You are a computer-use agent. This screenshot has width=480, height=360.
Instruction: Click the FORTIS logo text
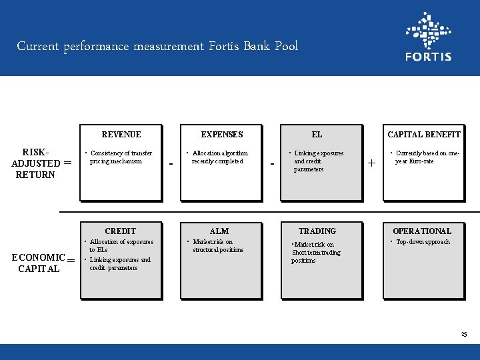pos(428,57)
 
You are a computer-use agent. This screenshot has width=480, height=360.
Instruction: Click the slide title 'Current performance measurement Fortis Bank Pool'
pos(157,47)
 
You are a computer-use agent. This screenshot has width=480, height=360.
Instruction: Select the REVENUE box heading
pos(121,134)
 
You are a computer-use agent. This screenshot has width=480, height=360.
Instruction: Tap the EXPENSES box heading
pos(222,134)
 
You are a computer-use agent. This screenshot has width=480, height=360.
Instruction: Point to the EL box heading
pos(317,134)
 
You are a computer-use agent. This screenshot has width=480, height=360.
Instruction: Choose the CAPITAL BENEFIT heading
pos(424,134)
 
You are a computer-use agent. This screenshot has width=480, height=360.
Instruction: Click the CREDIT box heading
pos(121,231)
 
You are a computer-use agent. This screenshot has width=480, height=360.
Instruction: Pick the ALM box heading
pos(219,231)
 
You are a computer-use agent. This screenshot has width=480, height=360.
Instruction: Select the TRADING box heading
pos(317,231)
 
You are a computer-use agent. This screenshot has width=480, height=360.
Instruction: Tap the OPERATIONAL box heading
pos(422,231)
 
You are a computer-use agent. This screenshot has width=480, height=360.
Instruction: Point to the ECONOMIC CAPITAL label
pos(39,263)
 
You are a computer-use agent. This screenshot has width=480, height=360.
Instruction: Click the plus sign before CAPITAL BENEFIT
pos(371,163)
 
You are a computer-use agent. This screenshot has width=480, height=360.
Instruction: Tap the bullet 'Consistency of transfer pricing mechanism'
pos(120,157)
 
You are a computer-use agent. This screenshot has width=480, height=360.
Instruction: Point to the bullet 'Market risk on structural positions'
pos(217,246)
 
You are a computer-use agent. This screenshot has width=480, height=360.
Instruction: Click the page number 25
pos(464,333)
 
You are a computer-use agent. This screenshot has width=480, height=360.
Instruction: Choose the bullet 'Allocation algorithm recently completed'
pos(219,157)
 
